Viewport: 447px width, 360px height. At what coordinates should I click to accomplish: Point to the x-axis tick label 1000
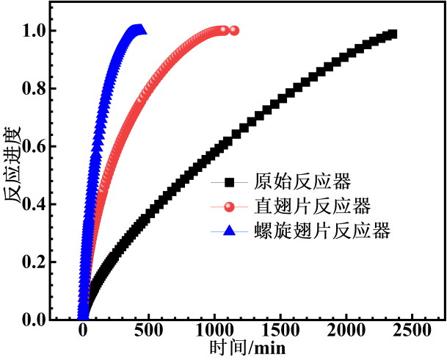[214, 330]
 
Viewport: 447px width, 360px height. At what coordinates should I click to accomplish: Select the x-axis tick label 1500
[280, 330]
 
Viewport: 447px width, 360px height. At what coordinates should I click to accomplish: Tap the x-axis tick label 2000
[346, 330]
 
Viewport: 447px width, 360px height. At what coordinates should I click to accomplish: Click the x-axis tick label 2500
[411, 330]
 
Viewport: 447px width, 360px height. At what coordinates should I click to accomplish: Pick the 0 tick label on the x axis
[83, 330]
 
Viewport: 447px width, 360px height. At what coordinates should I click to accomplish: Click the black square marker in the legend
[229, 181]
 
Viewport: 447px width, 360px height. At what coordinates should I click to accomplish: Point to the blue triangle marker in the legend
[229, 231]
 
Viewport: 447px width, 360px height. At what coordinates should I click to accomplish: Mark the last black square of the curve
[392, 34]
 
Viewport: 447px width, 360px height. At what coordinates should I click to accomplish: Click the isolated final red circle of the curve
[234, 30]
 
